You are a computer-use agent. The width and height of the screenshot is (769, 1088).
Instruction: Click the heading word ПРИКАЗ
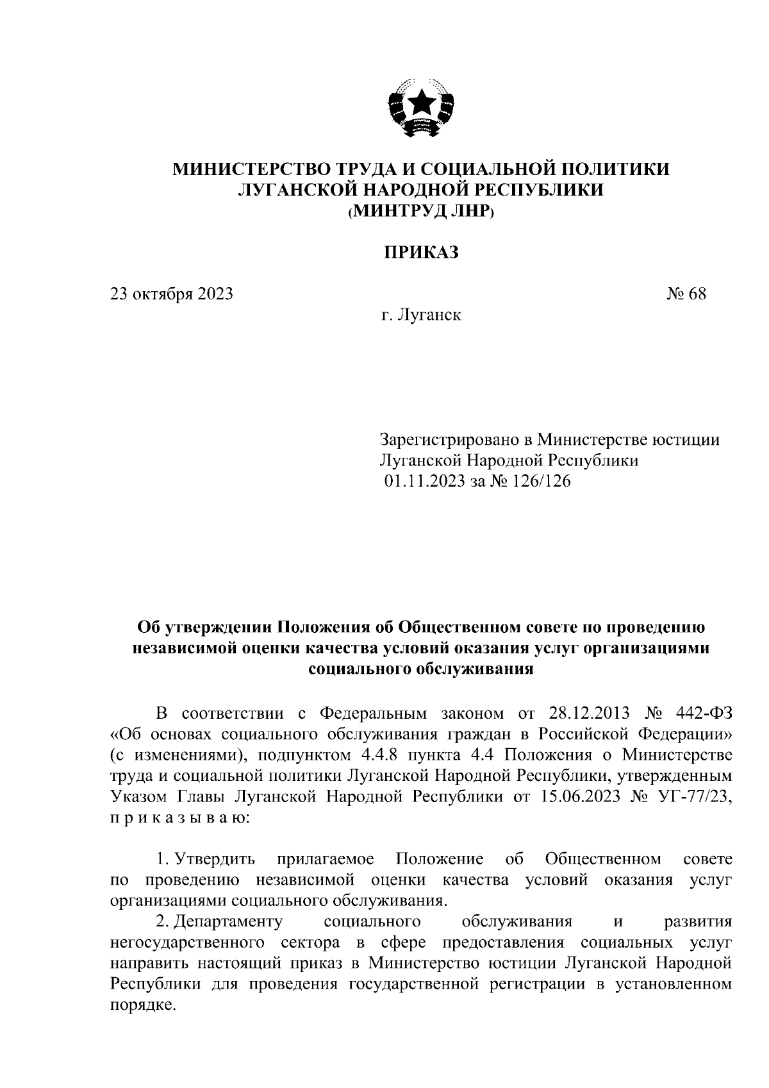pos(421,253)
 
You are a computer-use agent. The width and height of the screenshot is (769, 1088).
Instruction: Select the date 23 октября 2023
pos(171,294)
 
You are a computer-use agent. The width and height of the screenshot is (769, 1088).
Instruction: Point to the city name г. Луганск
pos(421,315)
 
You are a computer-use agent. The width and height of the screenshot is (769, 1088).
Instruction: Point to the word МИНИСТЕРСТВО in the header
pos(250,169)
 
